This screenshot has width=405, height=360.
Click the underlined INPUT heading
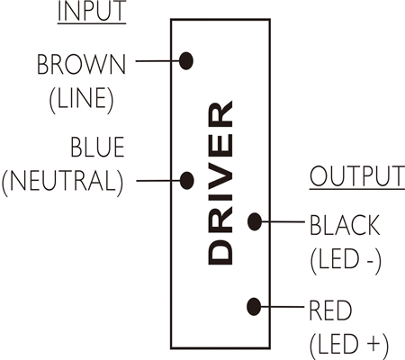point(92,12)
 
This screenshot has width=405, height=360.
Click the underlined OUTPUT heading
point(357,177)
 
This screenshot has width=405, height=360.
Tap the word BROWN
point(81,64)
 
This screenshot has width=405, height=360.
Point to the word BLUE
point(97,147)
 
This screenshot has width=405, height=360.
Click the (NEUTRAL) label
point(62,183)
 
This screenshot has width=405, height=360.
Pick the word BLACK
point(345,225)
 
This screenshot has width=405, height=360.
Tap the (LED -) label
point(346,260)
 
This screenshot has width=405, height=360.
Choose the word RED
point(330,310)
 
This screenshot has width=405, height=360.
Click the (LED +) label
point(348,345)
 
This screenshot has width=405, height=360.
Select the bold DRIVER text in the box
point(220,183)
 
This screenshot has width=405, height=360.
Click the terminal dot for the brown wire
point(186,61)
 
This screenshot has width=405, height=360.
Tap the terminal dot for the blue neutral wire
point(186,181)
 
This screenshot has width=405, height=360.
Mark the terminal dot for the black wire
point(255,221)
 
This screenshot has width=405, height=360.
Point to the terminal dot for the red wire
point(254,307)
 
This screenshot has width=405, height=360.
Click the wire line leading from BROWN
point(157,61)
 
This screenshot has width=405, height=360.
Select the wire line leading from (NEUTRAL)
point(158,181)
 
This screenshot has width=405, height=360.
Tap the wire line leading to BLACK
point(283,221)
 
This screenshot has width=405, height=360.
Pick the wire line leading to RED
point(283,307)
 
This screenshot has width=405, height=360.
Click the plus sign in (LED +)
point(373,344)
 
